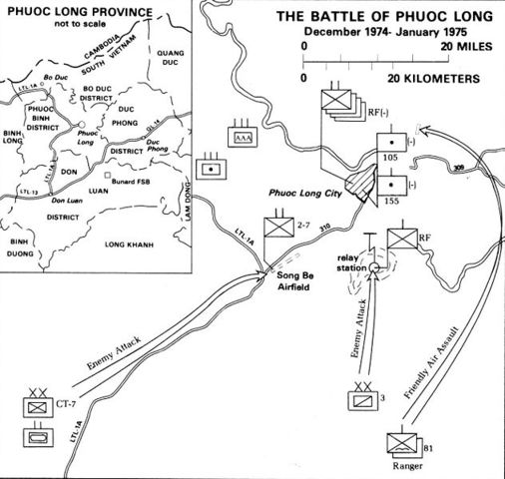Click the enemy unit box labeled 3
coord(358,398)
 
